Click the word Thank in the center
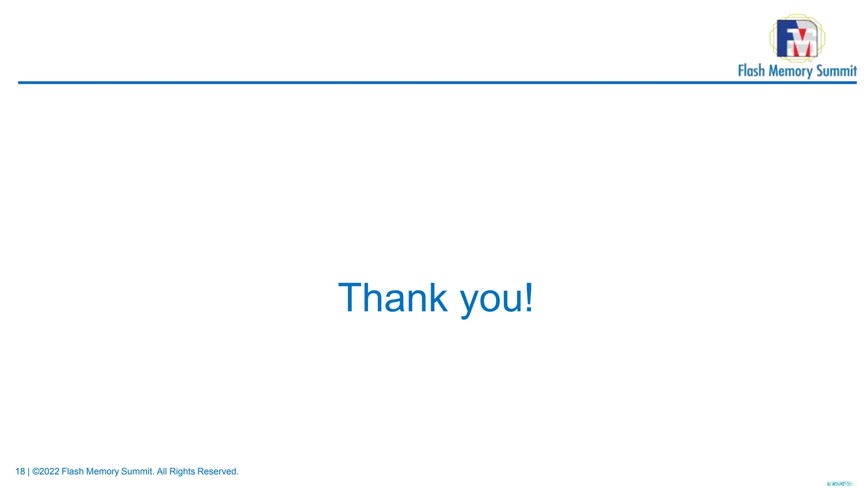[x=392, y=298]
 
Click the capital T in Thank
[x=351, y=298]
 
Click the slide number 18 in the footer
[x=20, y=471]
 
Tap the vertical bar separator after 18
[x=28, y=471]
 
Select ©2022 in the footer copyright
[x=46, y=471]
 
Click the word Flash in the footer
[x=72, y=471]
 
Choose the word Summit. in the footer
[x=138, y=471]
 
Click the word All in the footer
[x=162, y=471]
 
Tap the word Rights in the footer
[x=182, y=471]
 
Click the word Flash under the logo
[x=751, y=71]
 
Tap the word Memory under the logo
[x=790, y=71]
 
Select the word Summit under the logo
[x=836, y=71]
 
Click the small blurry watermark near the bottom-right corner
[x=840, y=484]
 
